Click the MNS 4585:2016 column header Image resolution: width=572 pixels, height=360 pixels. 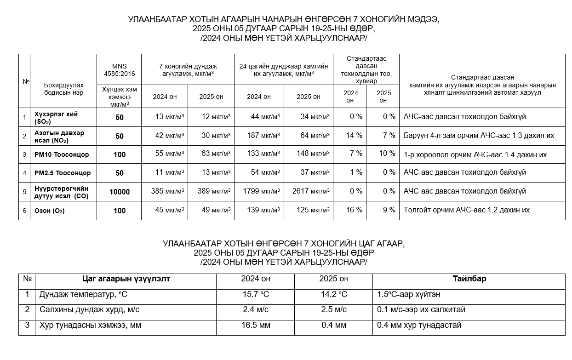click(x=119, y=70)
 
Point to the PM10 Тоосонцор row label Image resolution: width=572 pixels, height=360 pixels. click(x=62, y=154)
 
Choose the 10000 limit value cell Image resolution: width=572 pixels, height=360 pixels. click(x=120, y=192)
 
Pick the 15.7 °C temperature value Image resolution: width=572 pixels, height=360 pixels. click(x=256, y=294)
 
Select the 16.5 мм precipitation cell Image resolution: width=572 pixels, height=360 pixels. click(x=256, y=326)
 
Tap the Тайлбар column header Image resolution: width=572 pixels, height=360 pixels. click(x=469, y=279)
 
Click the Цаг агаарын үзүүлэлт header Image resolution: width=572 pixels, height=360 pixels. click(x=126, y=279)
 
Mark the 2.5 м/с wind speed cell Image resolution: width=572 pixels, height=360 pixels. click(x=334, y=310)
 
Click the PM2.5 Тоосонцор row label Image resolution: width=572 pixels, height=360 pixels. click(x=63, y=173)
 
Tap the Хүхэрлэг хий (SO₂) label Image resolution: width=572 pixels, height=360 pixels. click(x=56, y=117)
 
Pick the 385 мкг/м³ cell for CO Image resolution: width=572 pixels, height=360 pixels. click(x=167, y=191)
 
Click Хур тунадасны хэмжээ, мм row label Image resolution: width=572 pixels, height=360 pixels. click(x=90, y=326)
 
